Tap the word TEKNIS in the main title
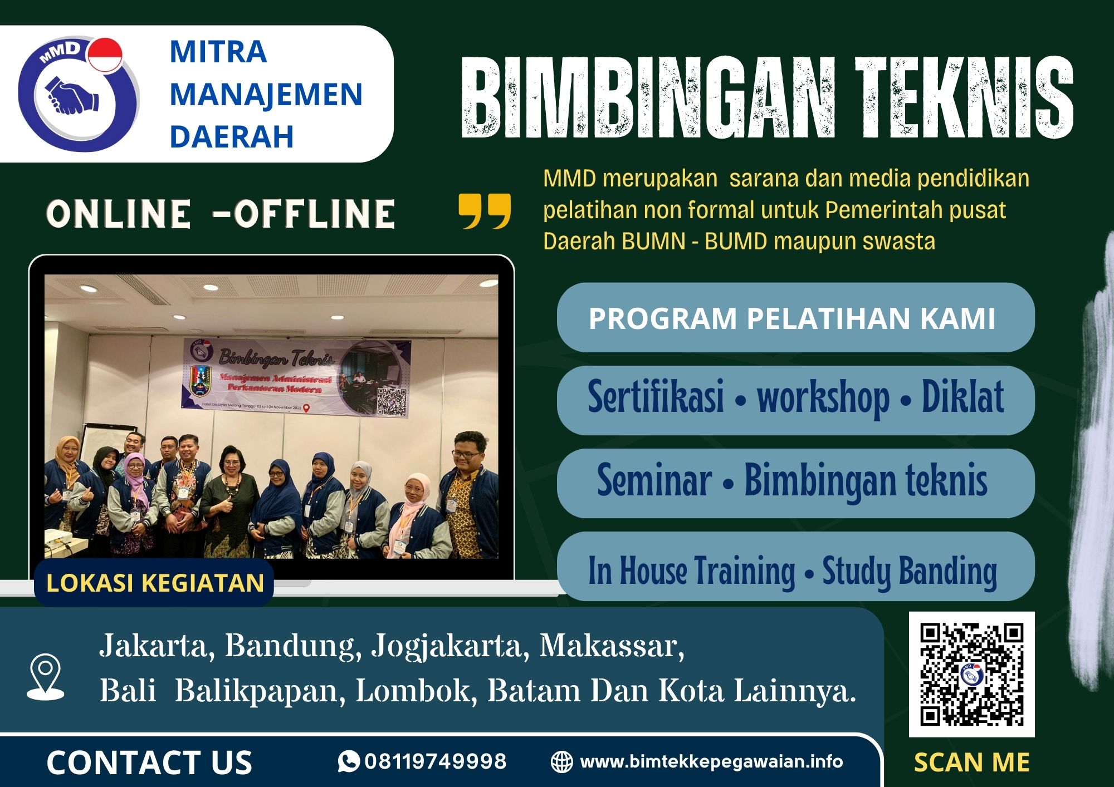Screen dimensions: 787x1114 964,97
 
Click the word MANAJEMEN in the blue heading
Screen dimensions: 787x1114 266,94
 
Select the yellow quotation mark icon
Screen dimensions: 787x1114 484,211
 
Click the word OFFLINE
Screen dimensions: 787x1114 315,214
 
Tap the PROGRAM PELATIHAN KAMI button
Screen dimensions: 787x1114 795,318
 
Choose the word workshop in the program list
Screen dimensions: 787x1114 823,397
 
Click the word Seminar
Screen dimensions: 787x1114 654,481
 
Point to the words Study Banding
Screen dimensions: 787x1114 909,571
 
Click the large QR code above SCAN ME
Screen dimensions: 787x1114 971,674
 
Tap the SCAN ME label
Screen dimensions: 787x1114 971,763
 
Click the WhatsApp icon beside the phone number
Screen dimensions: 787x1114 349,761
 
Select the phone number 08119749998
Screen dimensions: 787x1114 436,761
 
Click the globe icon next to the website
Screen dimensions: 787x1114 561,762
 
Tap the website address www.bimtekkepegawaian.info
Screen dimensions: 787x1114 711,761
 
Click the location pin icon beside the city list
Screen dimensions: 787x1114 46,676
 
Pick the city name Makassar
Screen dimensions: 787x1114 611,646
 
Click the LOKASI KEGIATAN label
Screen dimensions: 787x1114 155,583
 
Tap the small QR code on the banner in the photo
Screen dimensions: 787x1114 392,401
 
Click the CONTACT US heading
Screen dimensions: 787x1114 149,762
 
